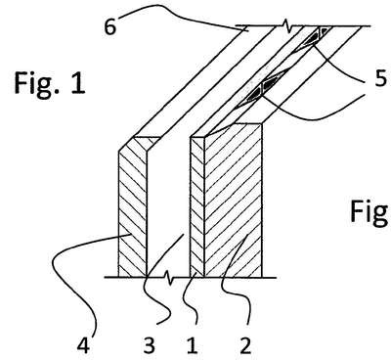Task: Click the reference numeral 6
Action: click(x=110, y=26)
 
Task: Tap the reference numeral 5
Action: click(x=380, y=78)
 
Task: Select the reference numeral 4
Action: click(x=83, y=345)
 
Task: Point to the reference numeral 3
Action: click(x=149, y=345)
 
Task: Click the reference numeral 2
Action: click(x=245, y=345)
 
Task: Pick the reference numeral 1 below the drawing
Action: click(x=193, y=345)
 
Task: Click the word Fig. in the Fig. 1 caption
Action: click(x=36, y=84)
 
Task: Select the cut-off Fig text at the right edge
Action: click(x=370, y=212)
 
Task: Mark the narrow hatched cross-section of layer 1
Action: click(x=197, y=207)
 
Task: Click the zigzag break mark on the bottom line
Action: click(x=169, y=278)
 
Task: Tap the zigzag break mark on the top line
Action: click(x=285, y=25)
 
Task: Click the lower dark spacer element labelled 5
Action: click(x=261, y=89)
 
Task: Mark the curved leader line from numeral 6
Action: click(x=183, y=16)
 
